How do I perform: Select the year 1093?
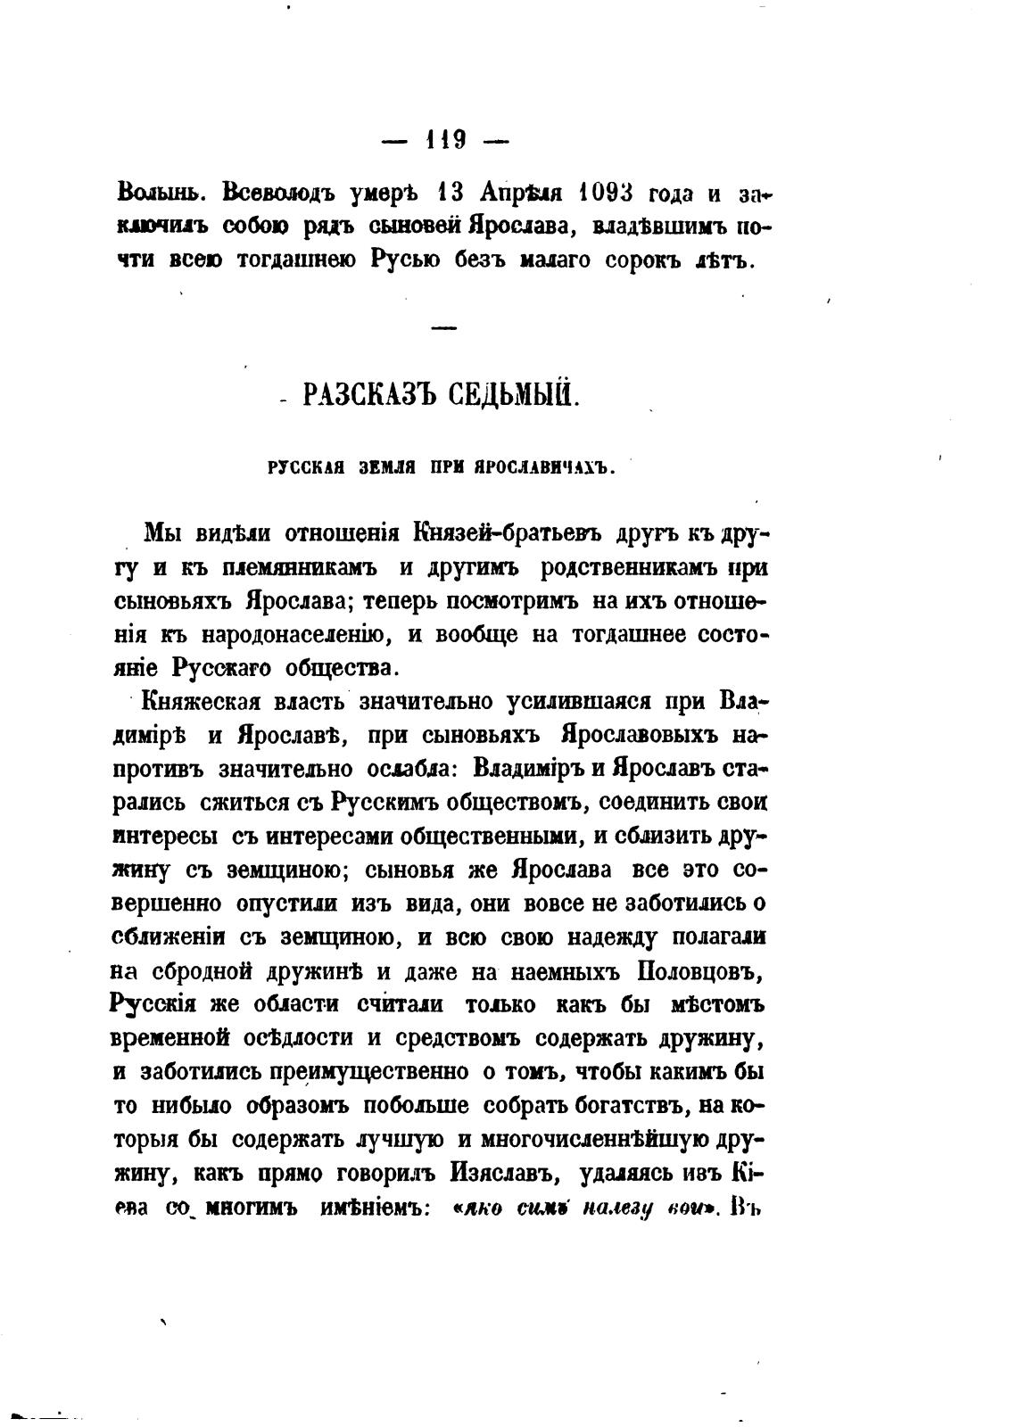(606, 193)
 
